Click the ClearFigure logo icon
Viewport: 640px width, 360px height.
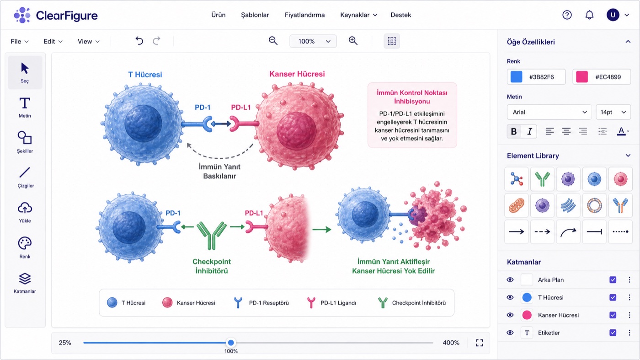[x=22, y=15]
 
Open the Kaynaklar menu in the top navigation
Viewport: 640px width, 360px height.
[x=358, y=15]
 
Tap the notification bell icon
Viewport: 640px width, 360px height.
[x=589, y=15]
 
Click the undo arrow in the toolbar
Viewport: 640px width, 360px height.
[x=139, y=41]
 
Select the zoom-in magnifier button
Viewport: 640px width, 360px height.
[x=353, y=41]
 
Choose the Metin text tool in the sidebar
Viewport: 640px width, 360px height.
[x=25, y=107]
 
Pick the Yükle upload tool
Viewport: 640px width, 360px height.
[x=25, y=212]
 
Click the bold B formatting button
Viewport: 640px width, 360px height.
[x=514, y=131]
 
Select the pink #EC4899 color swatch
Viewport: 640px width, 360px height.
[x=582, y=77]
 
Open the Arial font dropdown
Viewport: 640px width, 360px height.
[x=549, y=112]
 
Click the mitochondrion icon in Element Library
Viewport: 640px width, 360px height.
[x=516, y=205]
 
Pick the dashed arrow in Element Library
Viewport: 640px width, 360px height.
[x=542, y=231]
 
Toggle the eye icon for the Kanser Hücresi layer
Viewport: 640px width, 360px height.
[x=510, y=315]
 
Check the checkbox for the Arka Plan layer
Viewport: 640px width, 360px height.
[x=613, y=279]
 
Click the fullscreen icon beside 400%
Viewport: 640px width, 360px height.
[x=480, y=343]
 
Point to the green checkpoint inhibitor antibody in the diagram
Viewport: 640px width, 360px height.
[x=211, y=235]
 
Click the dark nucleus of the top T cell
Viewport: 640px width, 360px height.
[x=143, y=124]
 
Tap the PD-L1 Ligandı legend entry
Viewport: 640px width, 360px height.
[x=331, y=303]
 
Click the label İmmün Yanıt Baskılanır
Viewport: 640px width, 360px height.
[x=219, y=171]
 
